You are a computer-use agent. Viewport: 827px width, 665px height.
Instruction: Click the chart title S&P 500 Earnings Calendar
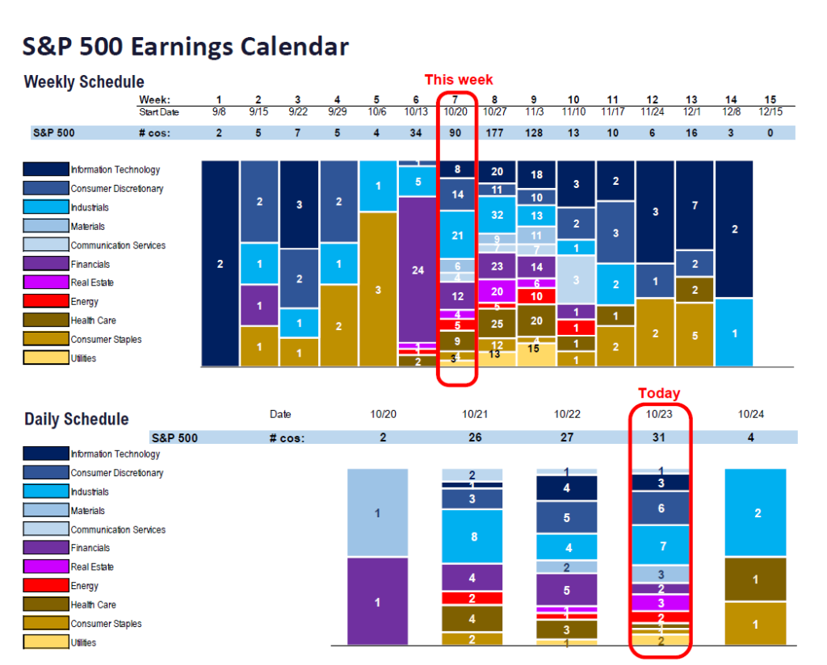click(x=186, y=46)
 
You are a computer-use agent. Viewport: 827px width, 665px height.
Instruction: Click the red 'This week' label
click(x=459, y=79)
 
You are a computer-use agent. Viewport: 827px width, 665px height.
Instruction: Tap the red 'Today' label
click(x=659, y=393)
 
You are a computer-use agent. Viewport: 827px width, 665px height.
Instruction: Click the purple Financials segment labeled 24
click(x=418, y=270)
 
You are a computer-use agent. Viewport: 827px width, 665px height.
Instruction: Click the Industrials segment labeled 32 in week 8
click(x=497, y=215)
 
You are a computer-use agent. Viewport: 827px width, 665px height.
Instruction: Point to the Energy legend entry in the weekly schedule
click(x=84, y=302)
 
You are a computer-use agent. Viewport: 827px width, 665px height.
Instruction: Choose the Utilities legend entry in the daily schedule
click(x=82, y=643)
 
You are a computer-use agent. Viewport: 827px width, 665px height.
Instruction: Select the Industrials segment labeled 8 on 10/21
click(x=472, y=536)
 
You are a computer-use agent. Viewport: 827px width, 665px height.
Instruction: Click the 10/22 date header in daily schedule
click(x=567, y=414)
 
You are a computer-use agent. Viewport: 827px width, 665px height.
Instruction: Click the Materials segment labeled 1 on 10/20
click(x=378, y=512)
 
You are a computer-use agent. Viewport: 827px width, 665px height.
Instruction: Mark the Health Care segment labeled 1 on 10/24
click(x=754, y=579)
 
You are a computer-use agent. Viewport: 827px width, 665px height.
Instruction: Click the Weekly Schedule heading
click(x=84, y=82)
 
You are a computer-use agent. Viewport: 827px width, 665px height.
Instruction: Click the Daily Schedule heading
click(x=76, y=419)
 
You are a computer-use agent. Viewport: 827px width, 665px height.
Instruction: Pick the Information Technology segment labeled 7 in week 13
click(x=695, y=205)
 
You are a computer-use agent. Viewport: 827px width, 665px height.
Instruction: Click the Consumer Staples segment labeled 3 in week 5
click(x=378, y=290)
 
